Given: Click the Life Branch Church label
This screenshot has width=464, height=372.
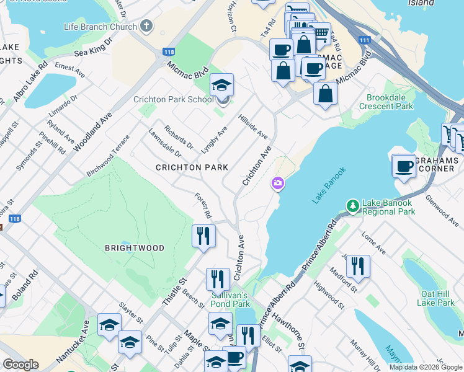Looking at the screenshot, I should click(x=100, y=27).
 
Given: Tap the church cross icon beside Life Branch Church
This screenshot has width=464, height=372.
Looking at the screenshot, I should click(x=146, y=27).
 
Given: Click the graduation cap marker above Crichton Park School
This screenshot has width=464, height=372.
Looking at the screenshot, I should click(x=221, y=85).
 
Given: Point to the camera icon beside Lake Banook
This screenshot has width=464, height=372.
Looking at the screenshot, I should click(x=277, y=184).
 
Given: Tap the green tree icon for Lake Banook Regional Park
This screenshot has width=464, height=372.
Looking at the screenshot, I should click(x=352, y=205).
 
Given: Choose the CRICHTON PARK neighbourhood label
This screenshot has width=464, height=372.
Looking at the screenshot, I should click(x=192, y=167).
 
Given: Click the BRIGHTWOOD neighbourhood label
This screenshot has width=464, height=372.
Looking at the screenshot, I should click(x=135, y=248).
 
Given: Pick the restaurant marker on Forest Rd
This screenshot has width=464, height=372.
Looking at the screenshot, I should click(x=203, y=236).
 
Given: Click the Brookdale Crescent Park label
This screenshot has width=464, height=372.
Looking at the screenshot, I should click(x=390, y=102).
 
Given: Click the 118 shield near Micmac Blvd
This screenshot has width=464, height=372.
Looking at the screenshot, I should click(x=169, y=53).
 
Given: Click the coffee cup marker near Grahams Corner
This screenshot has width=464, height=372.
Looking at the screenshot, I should click(x=403, y=166).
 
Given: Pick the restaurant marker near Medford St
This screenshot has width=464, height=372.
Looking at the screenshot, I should click(x=357, y=267).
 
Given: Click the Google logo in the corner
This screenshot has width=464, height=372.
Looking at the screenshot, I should click(x=20, y=365).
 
